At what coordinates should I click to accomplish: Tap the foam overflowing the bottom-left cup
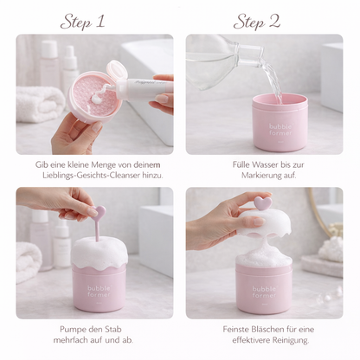100,251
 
